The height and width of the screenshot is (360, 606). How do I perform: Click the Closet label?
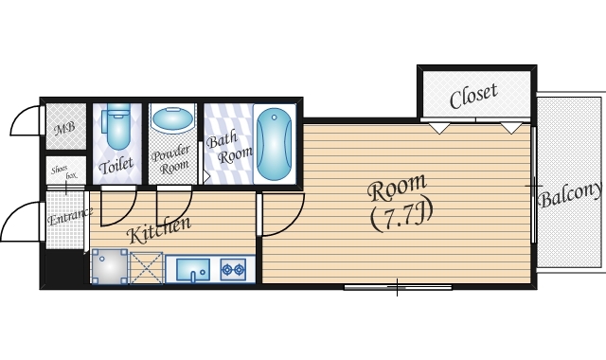pos(473,96)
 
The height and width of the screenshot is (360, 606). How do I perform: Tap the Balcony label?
pos(571,195)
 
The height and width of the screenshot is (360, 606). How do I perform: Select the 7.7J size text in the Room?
pos(401,217)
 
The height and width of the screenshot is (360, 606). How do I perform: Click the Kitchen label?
pos(158,230)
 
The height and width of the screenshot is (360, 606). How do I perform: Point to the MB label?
pos(64,129)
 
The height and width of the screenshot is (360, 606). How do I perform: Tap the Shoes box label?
pos(64,172)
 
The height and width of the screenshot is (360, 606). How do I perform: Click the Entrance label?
pos(70,217)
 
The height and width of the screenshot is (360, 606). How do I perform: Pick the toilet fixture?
pos(117,126)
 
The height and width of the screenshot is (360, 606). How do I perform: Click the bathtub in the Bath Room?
pos(274,144)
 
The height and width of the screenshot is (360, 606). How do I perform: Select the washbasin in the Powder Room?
pos(172,119)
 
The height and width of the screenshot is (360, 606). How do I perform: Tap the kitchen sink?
pos(193,269)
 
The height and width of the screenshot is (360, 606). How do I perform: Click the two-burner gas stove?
pos(233,269)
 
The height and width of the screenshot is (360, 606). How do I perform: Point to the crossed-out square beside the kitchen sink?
pos(147,268)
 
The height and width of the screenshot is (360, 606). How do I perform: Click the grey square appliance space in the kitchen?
pos(110,266)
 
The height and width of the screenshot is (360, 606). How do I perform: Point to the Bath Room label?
pos(228,148)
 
